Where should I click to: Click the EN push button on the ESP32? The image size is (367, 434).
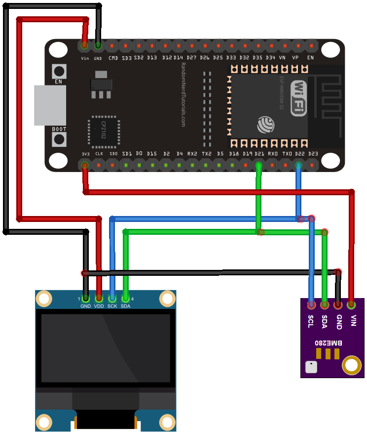tap(59, 71)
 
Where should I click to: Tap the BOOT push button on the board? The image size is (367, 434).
tap(59, 140)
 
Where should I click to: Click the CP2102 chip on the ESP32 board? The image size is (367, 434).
tap(104, 131)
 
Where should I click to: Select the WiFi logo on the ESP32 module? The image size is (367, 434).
tap(298, 98)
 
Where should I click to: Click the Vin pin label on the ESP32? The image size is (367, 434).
tap(85, 58)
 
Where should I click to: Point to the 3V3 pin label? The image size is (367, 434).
tap(85, 154)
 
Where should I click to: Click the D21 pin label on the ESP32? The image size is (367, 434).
tap(259, 154)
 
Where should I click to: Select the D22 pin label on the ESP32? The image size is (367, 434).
tap(299, 154)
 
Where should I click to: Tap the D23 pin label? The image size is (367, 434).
tap(313, 154)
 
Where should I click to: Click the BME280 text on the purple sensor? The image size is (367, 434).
tap(328, 342)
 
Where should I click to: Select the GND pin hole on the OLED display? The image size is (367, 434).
tap(86, 299)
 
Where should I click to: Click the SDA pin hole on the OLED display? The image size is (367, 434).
tap(126, 299)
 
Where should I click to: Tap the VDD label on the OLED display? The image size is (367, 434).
tap(99, 306)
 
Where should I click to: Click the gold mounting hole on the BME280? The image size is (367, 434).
tap(352, 365)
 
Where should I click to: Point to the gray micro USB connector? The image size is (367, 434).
tap(50, 105)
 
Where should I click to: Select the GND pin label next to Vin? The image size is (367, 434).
tap(98, 58)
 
